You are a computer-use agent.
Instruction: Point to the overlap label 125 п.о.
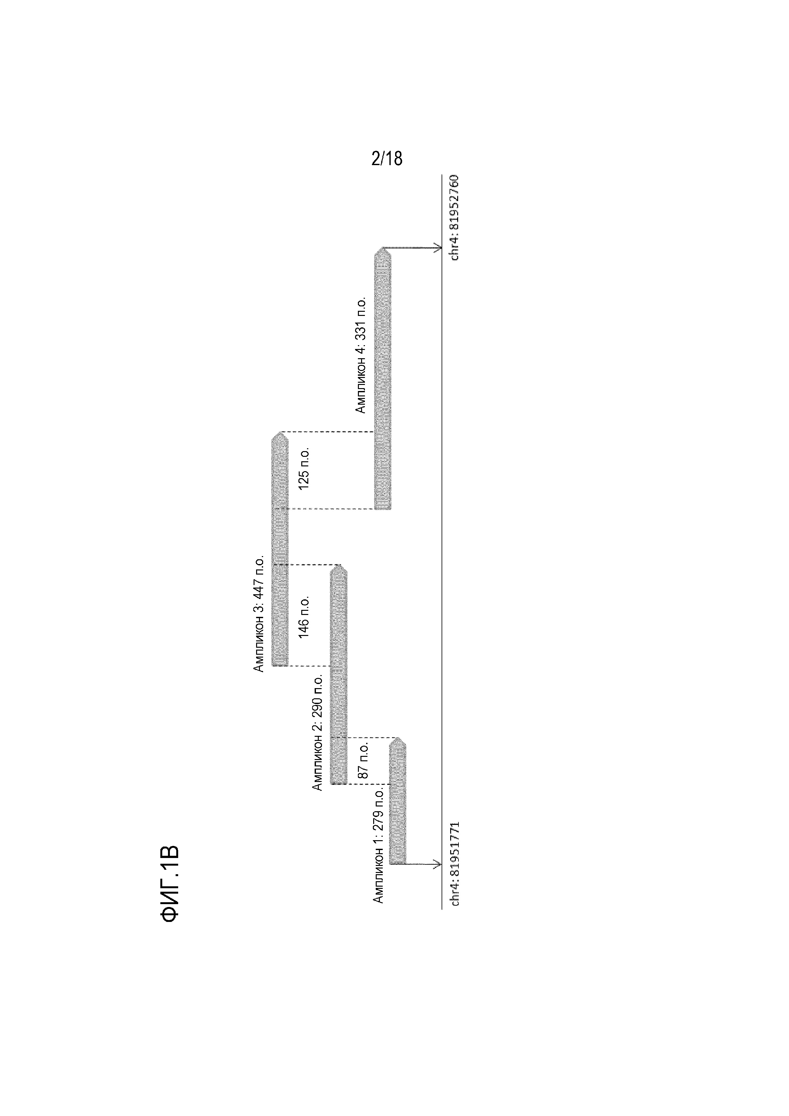(304, 469)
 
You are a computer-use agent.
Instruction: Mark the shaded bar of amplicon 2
(339, 680)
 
